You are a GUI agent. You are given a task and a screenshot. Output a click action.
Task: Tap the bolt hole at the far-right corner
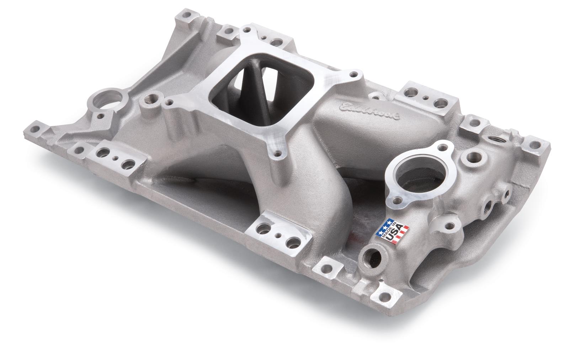click(x=533, y=145)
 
